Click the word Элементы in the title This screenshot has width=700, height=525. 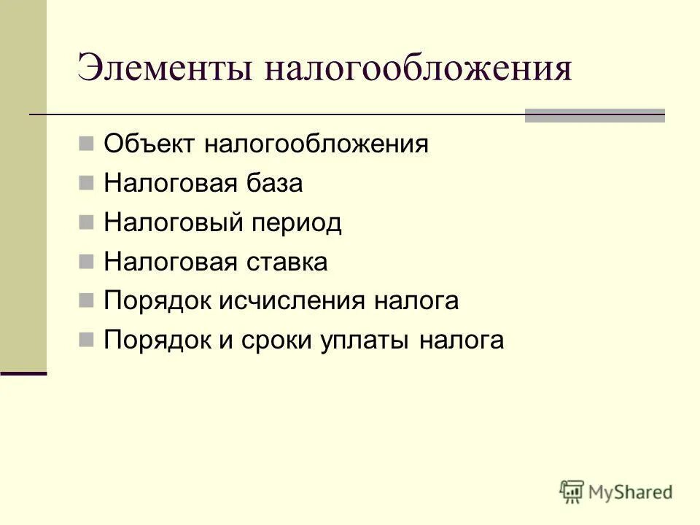[x=165, y=69]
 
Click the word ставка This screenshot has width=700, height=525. [x=290, y=262]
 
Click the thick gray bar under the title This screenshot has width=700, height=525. [x=595, y=115]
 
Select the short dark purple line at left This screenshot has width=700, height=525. [x=23, y=373]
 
